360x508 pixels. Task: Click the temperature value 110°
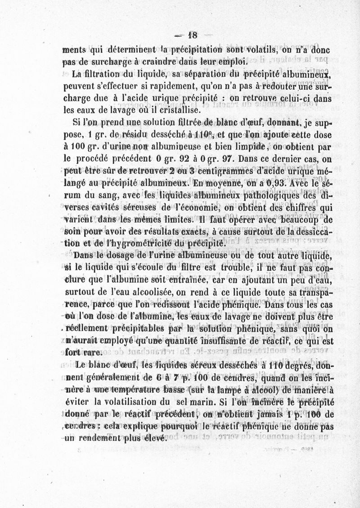click(x=197, y=133)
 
